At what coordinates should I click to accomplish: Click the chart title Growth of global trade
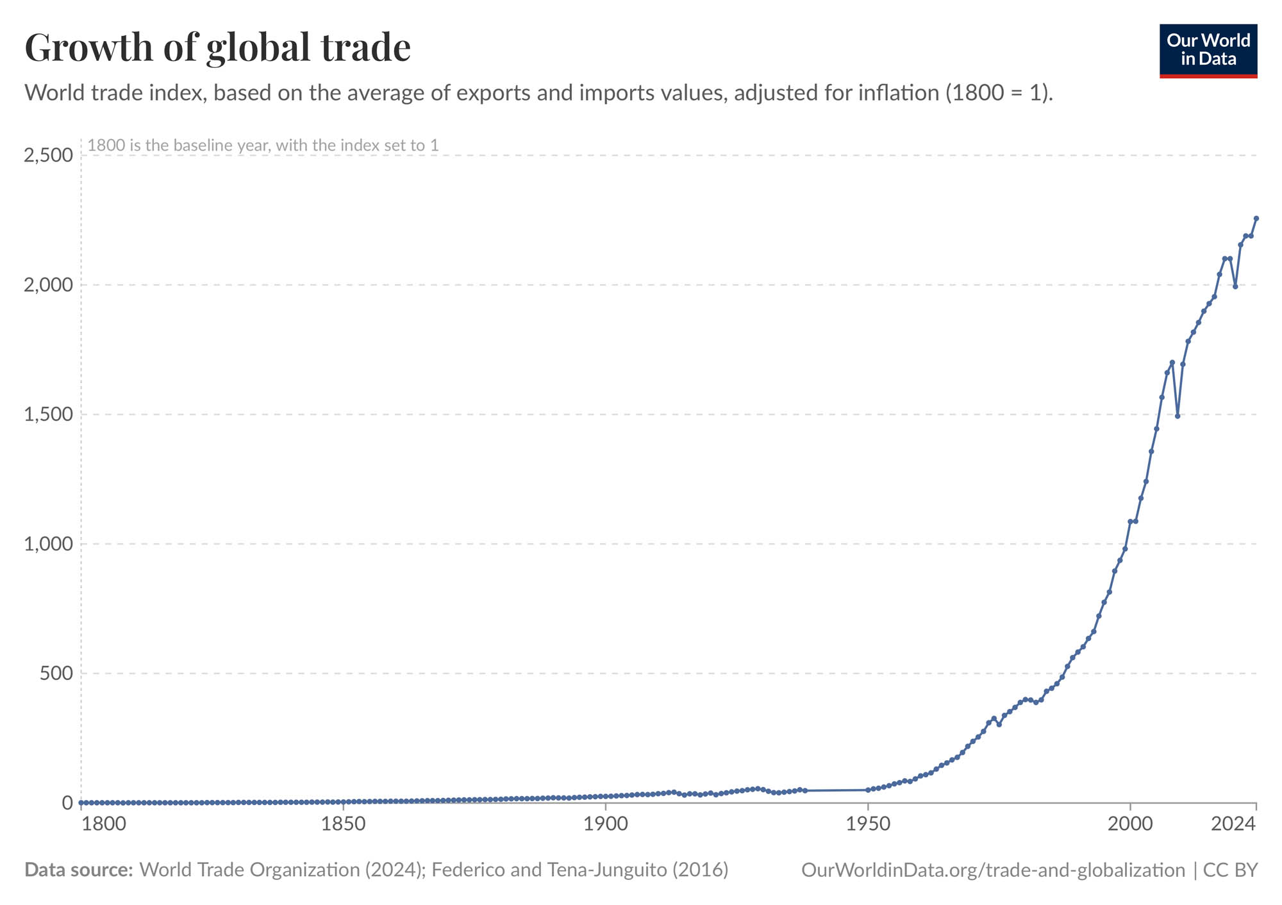217,47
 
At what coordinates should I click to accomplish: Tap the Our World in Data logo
1208,51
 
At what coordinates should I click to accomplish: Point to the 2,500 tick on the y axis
48,155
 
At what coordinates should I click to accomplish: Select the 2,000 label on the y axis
48,285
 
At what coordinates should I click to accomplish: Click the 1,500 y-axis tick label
48,414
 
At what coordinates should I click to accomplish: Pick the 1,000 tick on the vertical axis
48,544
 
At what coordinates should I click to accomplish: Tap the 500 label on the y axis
56,674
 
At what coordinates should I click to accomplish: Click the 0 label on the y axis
67,803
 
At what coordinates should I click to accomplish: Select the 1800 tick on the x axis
104,824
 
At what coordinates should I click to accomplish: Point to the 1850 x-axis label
344,824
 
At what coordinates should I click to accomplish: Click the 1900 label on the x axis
605,824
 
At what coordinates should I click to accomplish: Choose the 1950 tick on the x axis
867,824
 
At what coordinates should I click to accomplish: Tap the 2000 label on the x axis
1129,824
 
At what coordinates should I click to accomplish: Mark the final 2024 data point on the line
1256,219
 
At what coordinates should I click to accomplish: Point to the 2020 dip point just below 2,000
1235,286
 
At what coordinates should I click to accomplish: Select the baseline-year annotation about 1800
263,145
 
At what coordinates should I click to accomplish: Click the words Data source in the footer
78,870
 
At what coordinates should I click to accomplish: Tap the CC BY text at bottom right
1230,870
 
